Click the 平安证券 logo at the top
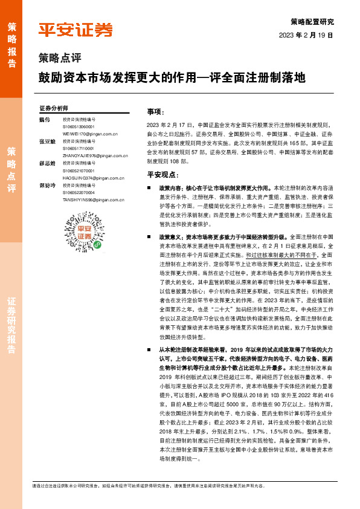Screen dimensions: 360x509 (76, 30)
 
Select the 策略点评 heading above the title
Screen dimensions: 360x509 (55, 59)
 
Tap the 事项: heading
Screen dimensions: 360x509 (155, 112)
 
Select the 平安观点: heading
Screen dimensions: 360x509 (161, 174)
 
